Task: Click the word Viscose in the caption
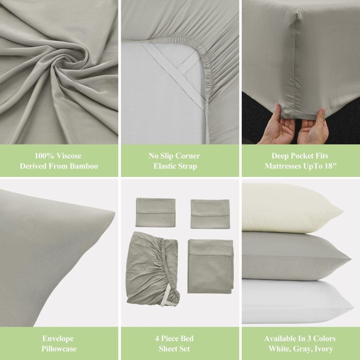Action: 69,156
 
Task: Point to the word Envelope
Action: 58,339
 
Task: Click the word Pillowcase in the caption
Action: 59,349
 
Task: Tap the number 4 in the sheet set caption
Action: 157,339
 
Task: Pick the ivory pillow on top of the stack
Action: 291,208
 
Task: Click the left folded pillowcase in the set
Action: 155,212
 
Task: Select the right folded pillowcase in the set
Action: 210,214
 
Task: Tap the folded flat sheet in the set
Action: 211,266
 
